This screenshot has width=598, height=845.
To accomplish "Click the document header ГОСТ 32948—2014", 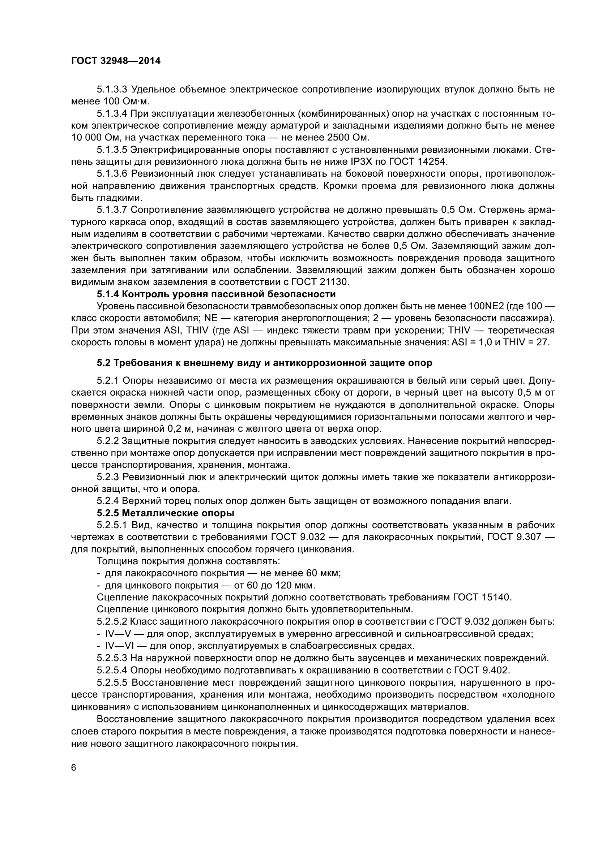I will coord(116,61).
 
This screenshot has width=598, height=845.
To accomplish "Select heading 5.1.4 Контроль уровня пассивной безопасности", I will coord(216,294).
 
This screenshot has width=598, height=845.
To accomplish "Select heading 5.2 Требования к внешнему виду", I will coord(264,363).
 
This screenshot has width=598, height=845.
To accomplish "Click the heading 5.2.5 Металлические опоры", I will coord(165,513).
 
